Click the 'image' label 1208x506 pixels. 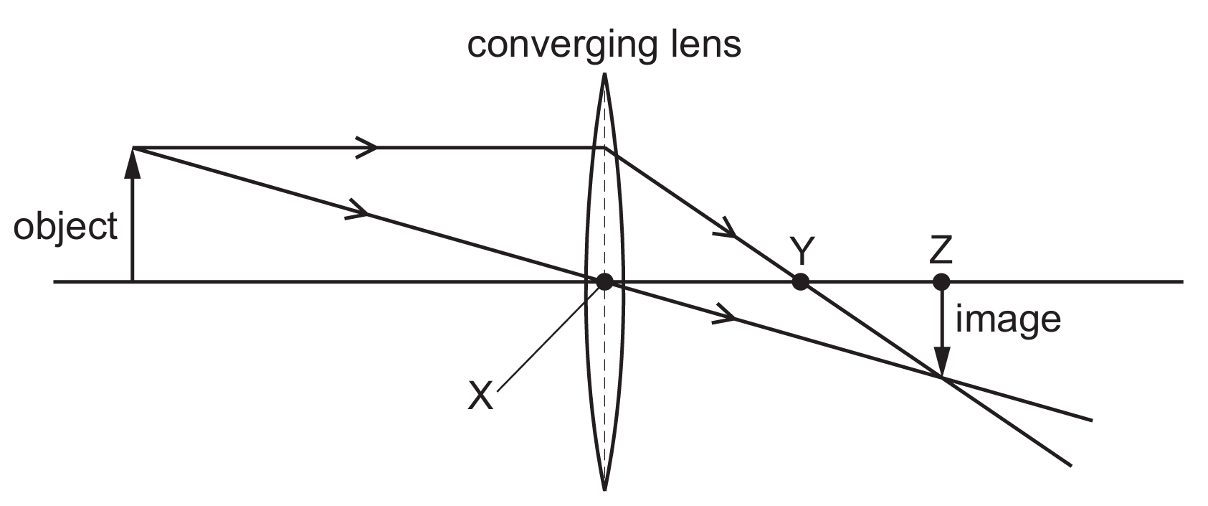[1008, 320]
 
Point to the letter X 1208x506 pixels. [480, 395]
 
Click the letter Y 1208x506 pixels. [802, 252]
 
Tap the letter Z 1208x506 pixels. [941, 251]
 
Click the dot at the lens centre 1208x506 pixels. [604, 281]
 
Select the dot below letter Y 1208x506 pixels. [801, 281]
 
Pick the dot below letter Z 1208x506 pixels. [941, 281]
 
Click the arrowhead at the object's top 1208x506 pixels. [132, 162]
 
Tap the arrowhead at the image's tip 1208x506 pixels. [941, 361]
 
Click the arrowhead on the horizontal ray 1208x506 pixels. [366, 147]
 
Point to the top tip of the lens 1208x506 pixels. [604, 73]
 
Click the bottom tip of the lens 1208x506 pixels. [604, 489]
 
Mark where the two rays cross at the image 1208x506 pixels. [942, 378]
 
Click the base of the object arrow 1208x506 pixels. [132, 281]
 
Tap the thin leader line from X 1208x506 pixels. [547, 337]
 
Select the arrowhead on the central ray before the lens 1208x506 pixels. [358, 210]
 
